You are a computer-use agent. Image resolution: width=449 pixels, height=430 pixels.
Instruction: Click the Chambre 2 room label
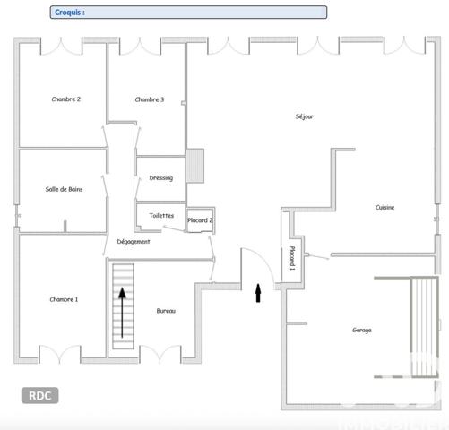click(66, 99)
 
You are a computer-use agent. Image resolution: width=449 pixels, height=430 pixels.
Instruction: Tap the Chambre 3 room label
click(150, 99)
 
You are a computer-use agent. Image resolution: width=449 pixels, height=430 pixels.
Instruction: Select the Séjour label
click(304, 116)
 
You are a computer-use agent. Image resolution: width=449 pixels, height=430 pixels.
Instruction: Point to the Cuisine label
click(384, 208)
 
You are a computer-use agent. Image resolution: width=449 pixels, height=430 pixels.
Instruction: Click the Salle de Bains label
click(65, 189)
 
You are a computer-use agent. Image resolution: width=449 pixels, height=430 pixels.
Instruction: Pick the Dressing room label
click(161, 178)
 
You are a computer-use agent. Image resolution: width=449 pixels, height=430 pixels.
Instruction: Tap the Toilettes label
click(161, 216)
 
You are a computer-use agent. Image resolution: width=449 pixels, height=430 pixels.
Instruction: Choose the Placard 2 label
click(200, 220)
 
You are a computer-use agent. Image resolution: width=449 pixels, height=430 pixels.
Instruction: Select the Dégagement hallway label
click(134, 242)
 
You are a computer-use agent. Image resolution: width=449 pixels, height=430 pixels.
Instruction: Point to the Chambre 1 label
click(64, 299)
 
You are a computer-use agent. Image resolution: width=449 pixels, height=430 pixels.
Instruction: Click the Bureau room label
click(166, 311)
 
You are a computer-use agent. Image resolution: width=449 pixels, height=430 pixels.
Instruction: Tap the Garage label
click(361, 330)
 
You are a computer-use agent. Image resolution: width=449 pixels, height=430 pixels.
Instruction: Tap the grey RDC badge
click(39, 395)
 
